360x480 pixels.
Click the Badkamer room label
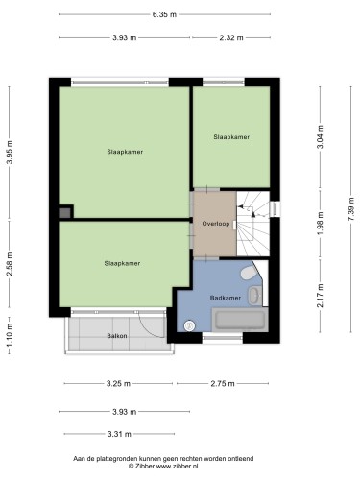pos(226,298)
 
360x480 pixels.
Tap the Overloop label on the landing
pos(216,224)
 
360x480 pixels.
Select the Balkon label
pos(117,336)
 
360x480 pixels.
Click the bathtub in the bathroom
pos(240,320)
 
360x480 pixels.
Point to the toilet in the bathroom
pos(249,272)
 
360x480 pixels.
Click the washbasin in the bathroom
pos(255,295)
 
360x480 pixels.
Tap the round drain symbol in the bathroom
pos(189,325)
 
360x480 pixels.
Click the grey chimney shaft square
pos(64,213)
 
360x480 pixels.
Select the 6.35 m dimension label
pos(164,14)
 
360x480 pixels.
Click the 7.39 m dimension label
pos(351,209)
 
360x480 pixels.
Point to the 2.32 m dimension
pos(231,38)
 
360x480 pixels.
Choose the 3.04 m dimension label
pos(320,136)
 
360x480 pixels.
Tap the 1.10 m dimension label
pos(10,335)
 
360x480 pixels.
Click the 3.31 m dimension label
pos(119,434)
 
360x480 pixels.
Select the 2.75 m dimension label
pos(223,383)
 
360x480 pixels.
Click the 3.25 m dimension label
pos(118,383)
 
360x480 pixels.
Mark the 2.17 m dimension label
pos(320,296)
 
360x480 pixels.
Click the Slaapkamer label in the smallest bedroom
pos(231,137)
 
